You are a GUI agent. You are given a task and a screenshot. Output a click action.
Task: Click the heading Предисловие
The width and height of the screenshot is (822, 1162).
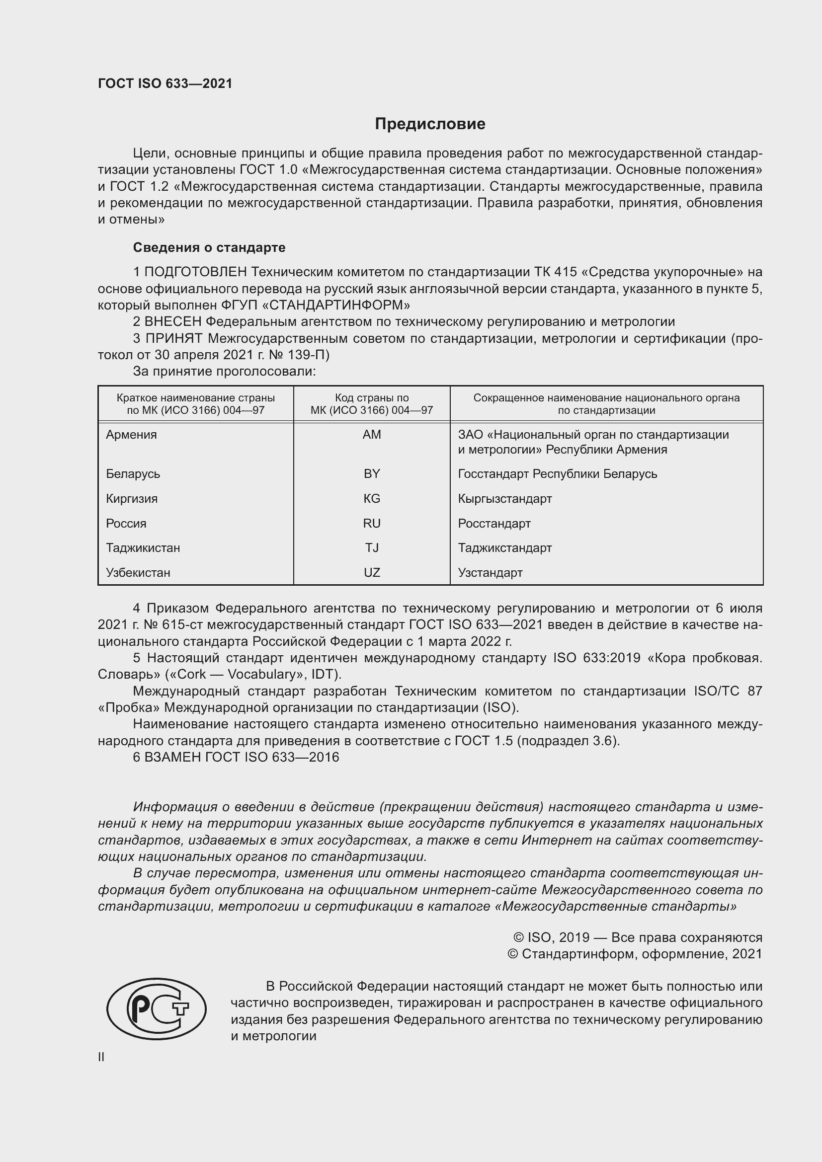click(x=430, y=124)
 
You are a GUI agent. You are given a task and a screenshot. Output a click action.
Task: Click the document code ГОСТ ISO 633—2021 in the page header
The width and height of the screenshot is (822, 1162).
click(x=165, y=83)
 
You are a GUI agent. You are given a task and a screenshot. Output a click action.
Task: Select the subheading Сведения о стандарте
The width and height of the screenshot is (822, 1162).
click(x=209, y=247)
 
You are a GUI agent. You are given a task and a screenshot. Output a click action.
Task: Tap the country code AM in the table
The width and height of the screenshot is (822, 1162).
click(x=372, y=435)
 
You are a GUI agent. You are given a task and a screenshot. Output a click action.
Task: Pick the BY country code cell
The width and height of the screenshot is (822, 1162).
click(x=372, y=474)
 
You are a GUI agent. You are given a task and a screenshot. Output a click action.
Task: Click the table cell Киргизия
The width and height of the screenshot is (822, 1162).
click(x=132, y=498)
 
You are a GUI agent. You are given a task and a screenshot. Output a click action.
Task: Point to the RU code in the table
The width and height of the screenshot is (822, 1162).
click(x=372, y=523)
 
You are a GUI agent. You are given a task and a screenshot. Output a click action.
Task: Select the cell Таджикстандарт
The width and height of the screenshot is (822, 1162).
click(x=504, y=547)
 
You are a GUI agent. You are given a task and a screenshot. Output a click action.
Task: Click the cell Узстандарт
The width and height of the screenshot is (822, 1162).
click(x=490, y=572)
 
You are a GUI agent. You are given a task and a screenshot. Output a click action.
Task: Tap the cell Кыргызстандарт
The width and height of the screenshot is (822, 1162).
click(x=504, y=498)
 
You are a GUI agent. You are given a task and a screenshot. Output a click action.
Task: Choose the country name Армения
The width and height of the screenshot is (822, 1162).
click(x=131, y=435)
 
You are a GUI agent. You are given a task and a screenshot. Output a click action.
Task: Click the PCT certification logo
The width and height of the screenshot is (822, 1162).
click(x=156, y=1009)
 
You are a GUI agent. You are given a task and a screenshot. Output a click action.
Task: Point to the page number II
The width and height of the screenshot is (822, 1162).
click(x=101, y=1057)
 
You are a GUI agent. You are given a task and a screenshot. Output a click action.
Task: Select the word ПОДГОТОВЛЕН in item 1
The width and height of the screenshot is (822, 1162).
click(x=196, y=272)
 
